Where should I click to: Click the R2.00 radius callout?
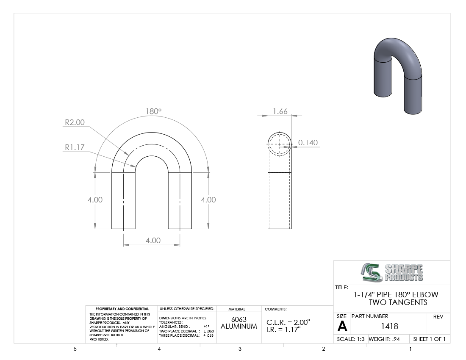[75, 122]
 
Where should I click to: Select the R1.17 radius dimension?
[75, 147]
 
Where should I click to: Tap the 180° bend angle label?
[153, 111]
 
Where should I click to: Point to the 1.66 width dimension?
[280, 111]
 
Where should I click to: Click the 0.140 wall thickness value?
[308, 143]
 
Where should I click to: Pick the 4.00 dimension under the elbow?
[153, 240]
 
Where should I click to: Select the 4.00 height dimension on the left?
[95, 199]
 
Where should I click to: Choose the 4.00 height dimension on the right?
[208, 199]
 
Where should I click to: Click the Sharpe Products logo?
[392, 272]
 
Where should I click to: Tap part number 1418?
[389, 326]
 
